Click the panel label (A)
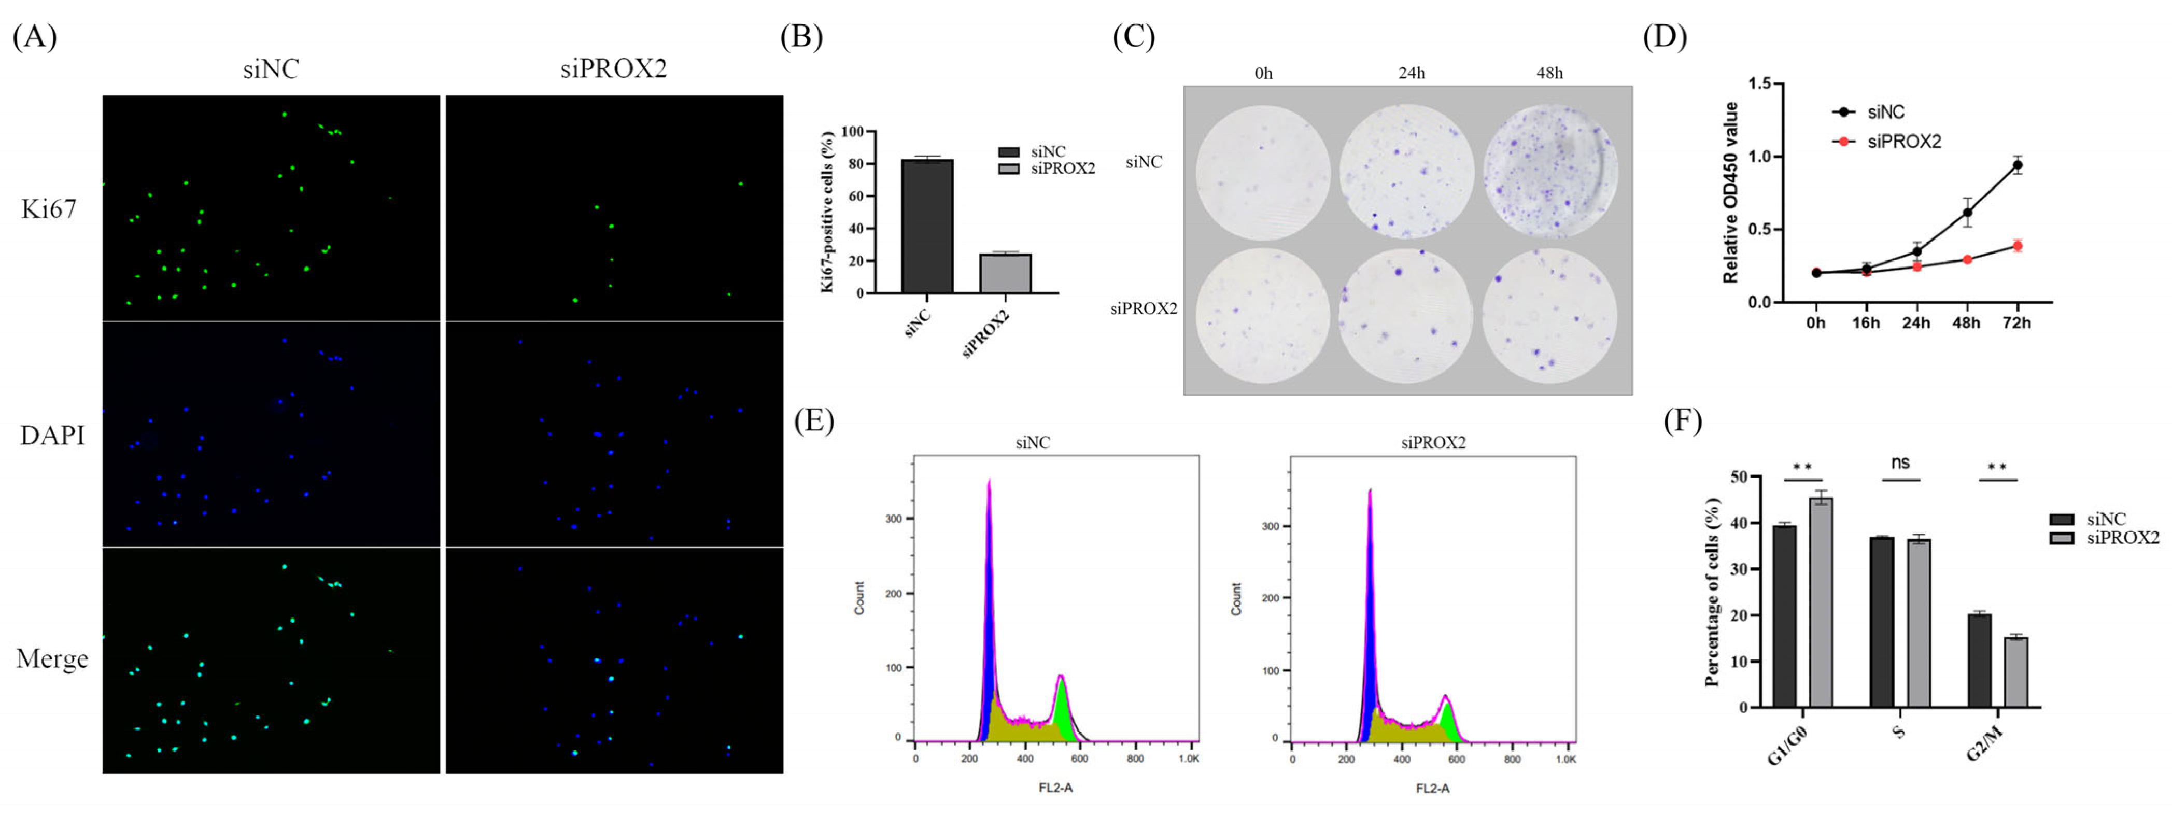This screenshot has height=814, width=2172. point(35,37)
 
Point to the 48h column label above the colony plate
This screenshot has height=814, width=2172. point(1549,74)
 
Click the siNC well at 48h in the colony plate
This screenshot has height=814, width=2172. point(1550,171)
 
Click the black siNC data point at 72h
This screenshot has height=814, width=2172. point(2017,165)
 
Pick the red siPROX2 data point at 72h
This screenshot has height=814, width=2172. point(2017,245)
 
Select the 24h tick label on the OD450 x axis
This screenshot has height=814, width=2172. point(1916,323)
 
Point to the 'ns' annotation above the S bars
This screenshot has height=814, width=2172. point(1900,462)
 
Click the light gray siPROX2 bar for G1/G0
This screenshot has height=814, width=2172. point(1821,602)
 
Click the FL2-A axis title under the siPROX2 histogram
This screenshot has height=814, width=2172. point(1432,788)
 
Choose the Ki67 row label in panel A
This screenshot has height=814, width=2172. point(49,209)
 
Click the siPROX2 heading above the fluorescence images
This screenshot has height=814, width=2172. point(614,69)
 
